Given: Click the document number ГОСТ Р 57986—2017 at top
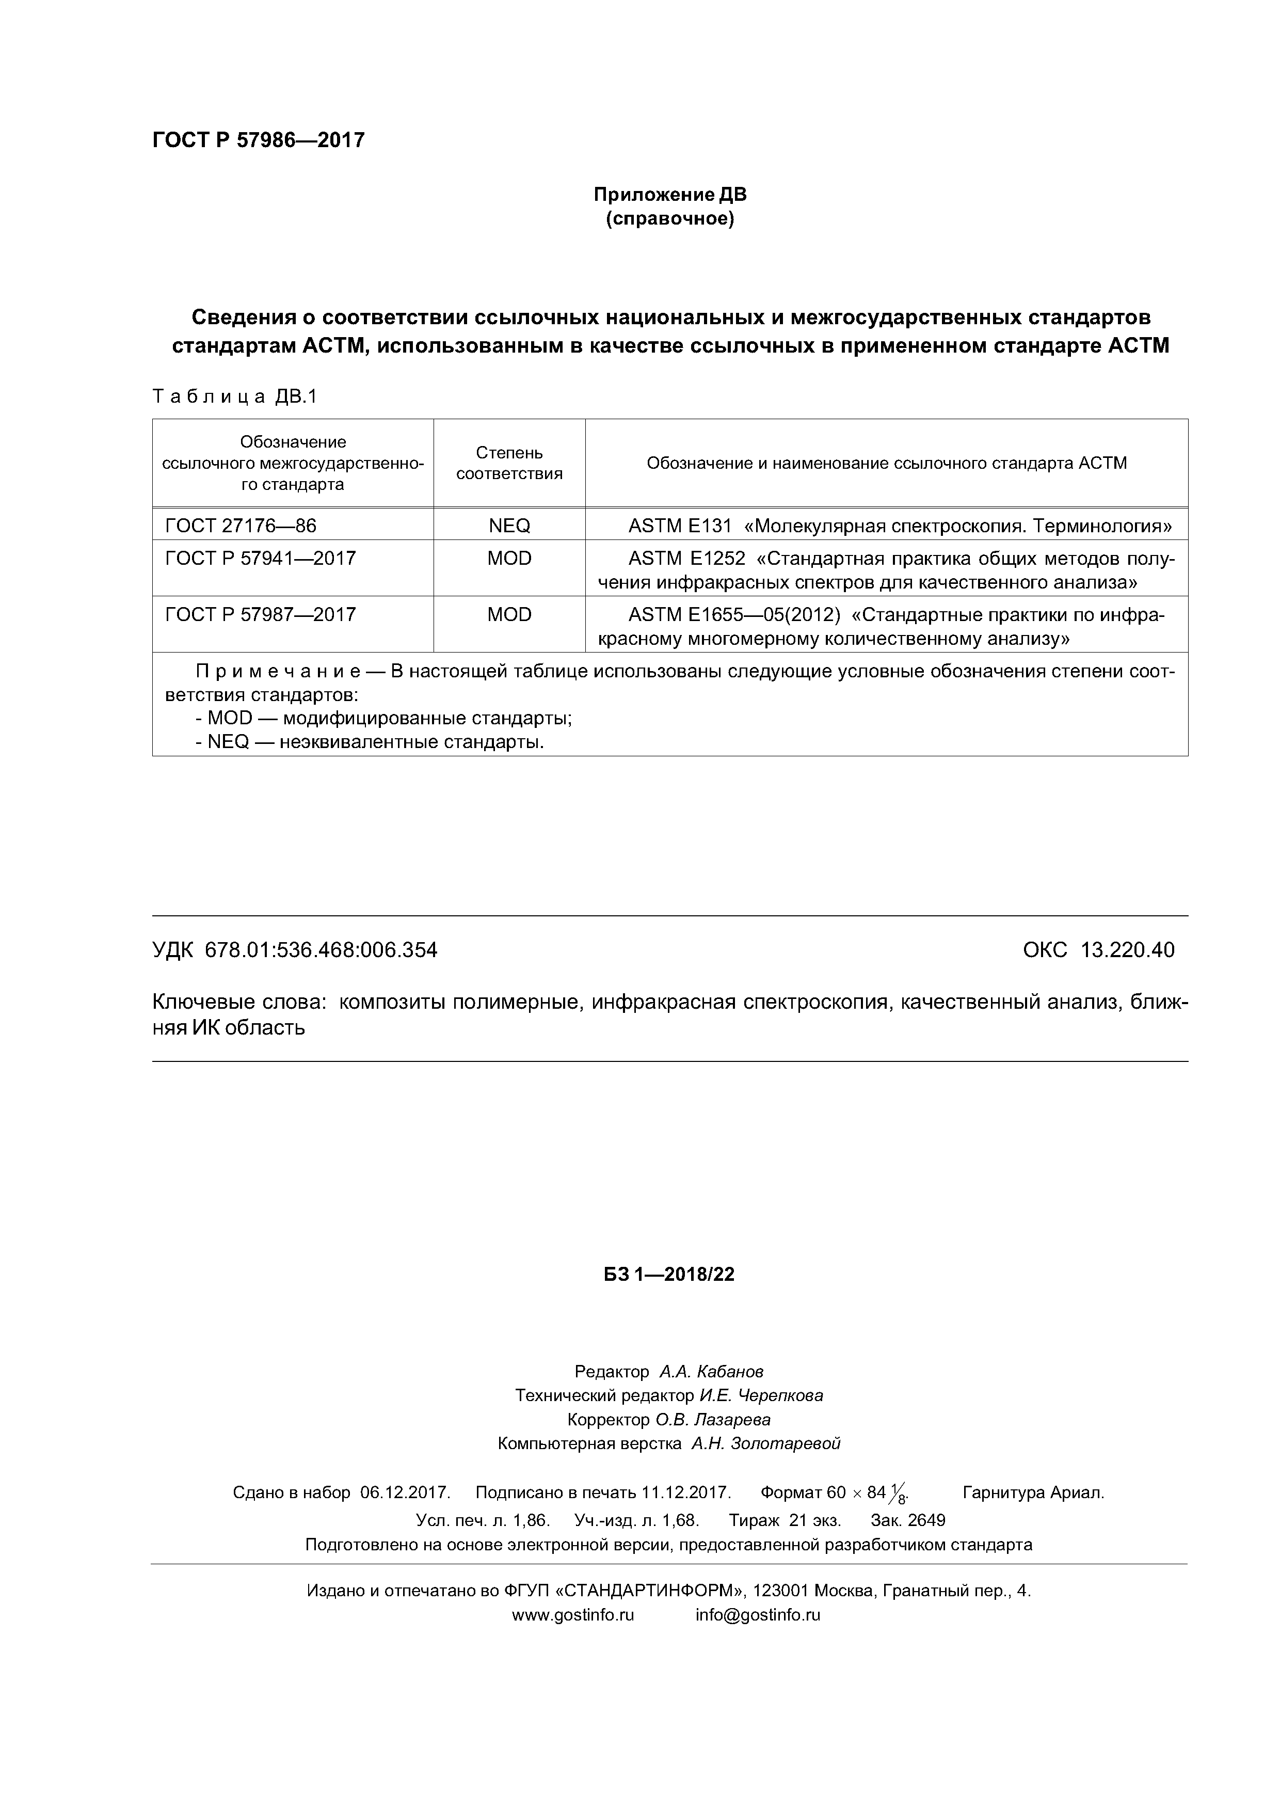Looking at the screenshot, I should pos(258,140).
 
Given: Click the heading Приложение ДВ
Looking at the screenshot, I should pos(669,194).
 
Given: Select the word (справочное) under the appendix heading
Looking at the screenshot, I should pos(669,218).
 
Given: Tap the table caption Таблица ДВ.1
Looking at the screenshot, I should pos(234,397).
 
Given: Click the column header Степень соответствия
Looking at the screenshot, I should pos(509,463).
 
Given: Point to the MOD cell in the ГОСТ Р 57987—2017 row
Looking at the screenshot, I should pos(509,614).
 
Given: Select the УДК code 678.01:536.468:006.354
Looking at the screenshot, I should pos(321,950).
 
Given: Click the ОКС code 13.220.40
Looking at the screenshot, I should pos(1127,950).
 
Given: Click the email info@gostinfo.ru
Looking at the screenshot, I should pos(757,1615).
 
